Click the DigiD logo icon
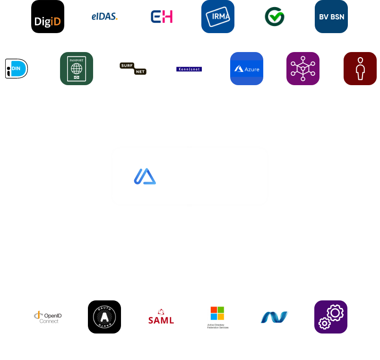48,17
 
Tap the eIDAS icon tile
104,17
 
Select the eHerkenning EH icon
161,17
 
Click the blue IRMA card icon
218,17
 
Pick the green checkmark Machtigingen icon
275,17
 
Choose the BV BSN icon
331,17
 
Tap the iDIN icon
17,69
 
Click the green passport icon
77,69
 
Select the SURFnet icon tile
133,69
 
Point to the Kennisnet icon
189,69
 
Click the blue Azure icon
246,69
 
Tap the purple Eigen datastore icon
303,69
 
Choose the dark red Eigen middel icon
360,69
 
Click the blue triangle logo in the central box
145,176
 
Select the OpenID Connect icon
48,317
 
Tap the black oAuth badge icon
104,317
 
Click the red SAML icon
161,317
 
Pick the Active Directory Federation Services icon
218,317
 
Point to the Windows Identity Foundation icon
275,317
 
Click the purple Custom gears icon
331,317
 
